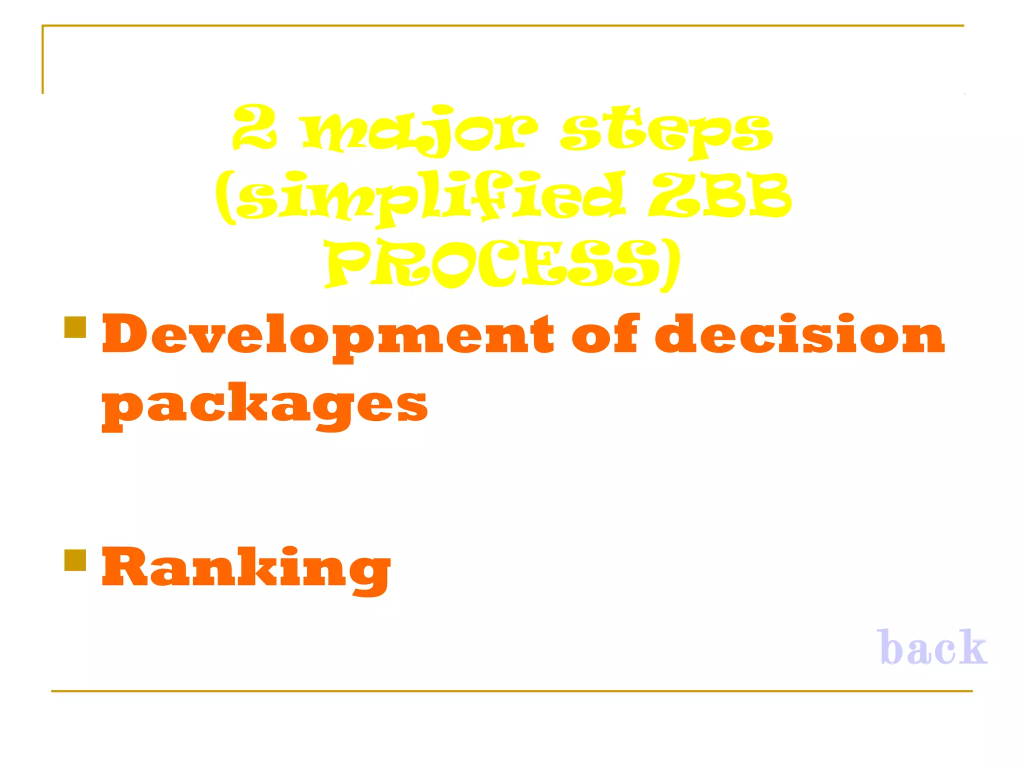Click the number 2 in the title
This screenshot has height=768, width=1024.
coord(254,127)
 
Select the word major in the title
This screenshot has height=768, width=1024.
coord(420,130)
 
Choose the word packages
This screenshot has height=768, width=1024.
coord(265,405)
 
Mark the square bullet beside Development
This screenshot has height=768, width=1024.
coord(75,327)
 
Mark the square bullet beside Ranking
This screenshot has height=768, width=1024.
coord(75,560)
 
